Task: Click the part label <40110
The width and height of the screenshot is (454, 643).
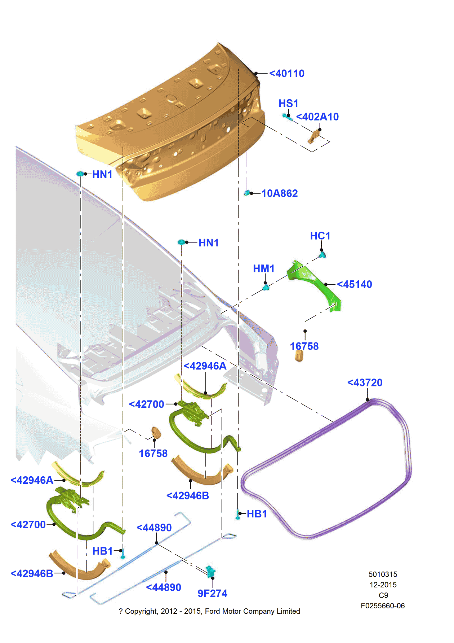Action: click(287, 74)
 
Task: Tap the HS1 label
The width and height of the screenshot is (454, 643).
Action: click(288, 104)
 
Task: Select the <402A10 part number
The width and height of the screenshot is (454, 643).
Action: click(317, 117)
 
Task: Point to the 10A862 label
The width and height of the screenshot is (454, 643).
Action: click(279, 194)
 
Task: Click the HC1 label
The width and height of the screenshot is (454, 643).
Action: click(320, 236)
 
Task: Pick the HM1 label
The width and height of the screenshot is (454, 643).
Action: click(263, 269)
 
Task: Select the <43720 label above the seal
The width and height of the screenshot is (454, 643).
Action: click(365, 383)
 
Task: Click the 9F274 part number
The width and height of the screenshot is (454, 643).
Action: click(212, 594)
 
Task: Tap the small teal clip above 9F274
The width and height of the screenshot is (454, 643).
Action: click(210, 571)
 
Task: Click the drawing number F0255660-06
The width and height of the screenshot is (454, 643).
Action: click(383, 606)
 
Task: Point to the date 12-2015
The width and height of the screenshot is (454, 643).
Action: click(383, 585)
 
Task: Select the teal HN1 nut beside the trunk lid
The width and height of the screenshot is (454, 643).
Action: click(80, 174)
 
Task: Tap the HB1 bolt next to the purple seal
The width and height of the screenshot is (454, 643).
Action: click(238, 514)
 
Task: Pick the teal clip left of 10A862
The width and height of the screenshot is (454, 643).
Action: click(247, 193)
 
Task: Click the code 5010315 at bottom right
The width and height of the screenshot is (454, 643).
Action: click(383, 574)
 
